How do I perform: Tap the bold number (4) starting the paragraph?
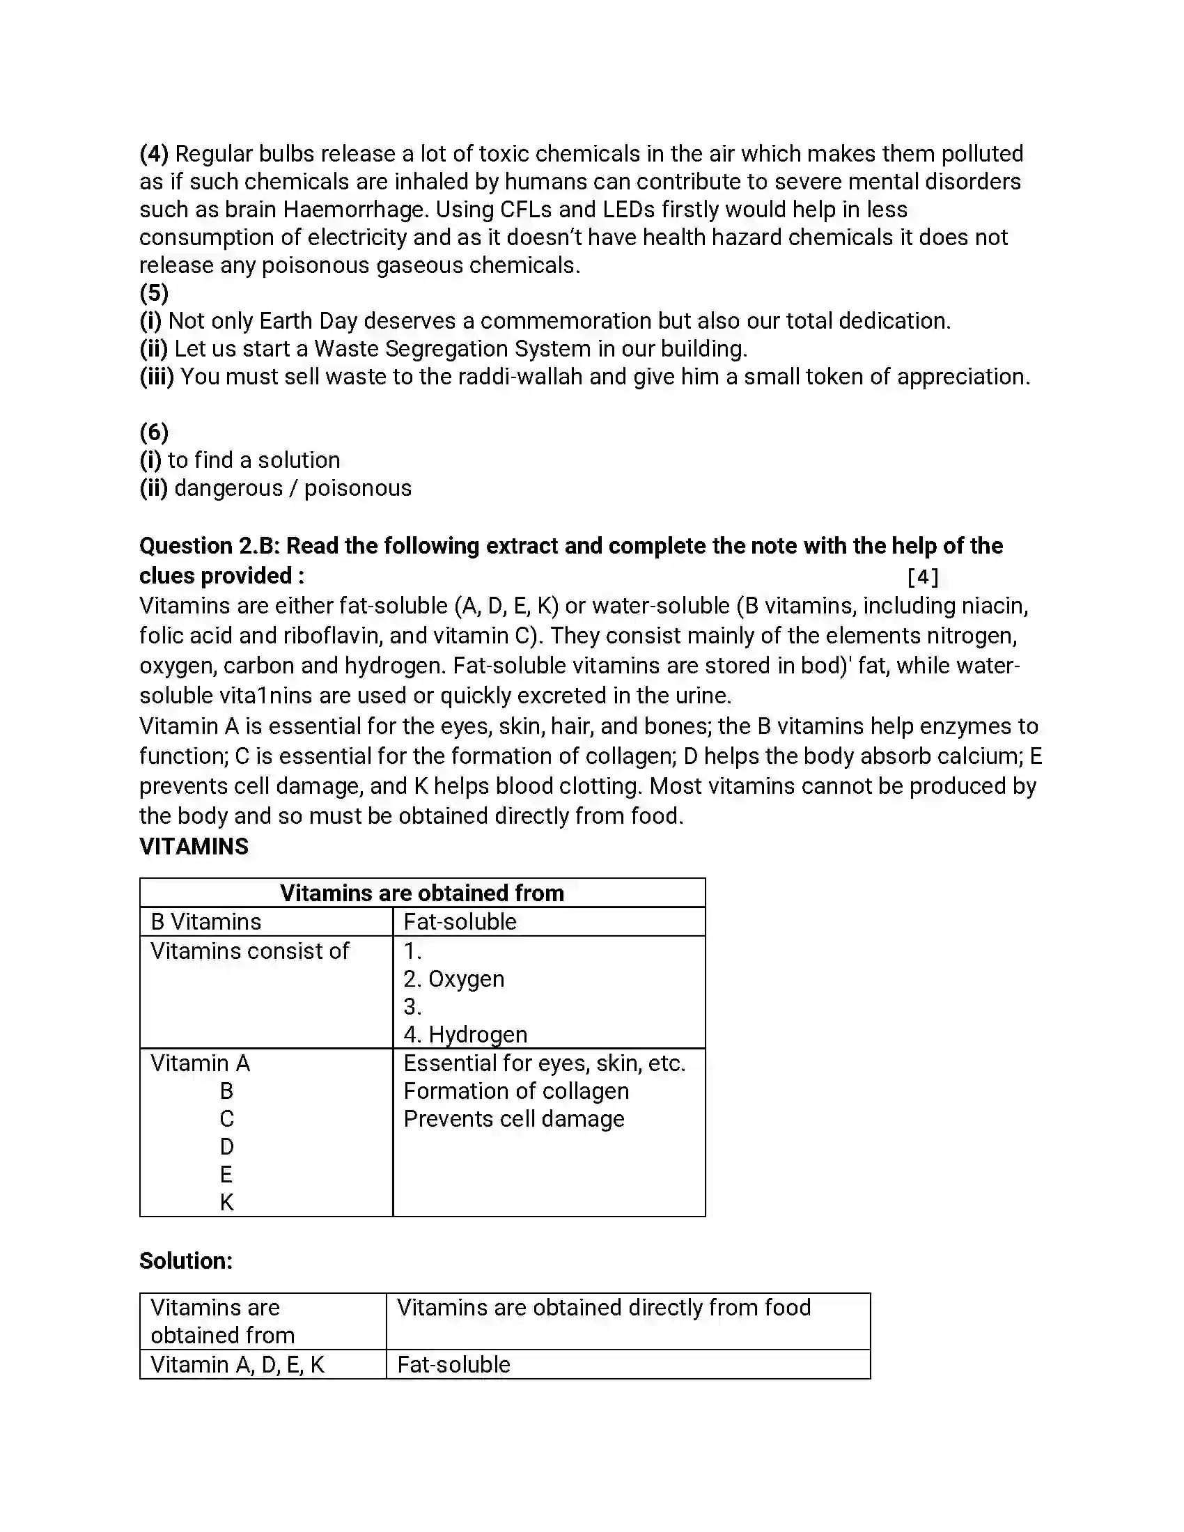pos(154,153)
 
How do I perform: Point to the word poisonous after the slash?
pos(358,488)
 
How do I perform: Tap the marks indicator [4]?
pos(922,577)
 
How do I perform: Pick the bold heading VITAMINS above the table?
pos(194,847)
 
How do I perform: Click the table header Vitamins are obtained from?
pos(421,893)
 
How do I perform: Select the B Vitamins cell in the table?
pos(206,922)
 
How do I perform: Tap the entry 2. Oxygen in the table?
pos(454,979)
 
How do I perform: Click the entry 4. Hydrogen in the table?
pos(465,1035)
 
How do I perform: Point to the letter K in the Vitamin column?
pos(226,1203)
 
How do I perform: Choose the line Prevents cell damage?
pos(513,1119)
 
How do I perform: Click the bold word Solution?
pos(186,1261)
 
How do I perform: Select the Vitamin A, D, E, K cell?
pos(237,1365)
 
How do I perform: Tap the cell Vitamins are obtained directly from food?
pos(603,1308)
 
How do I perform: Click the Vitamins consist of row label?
pos(250,951)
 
